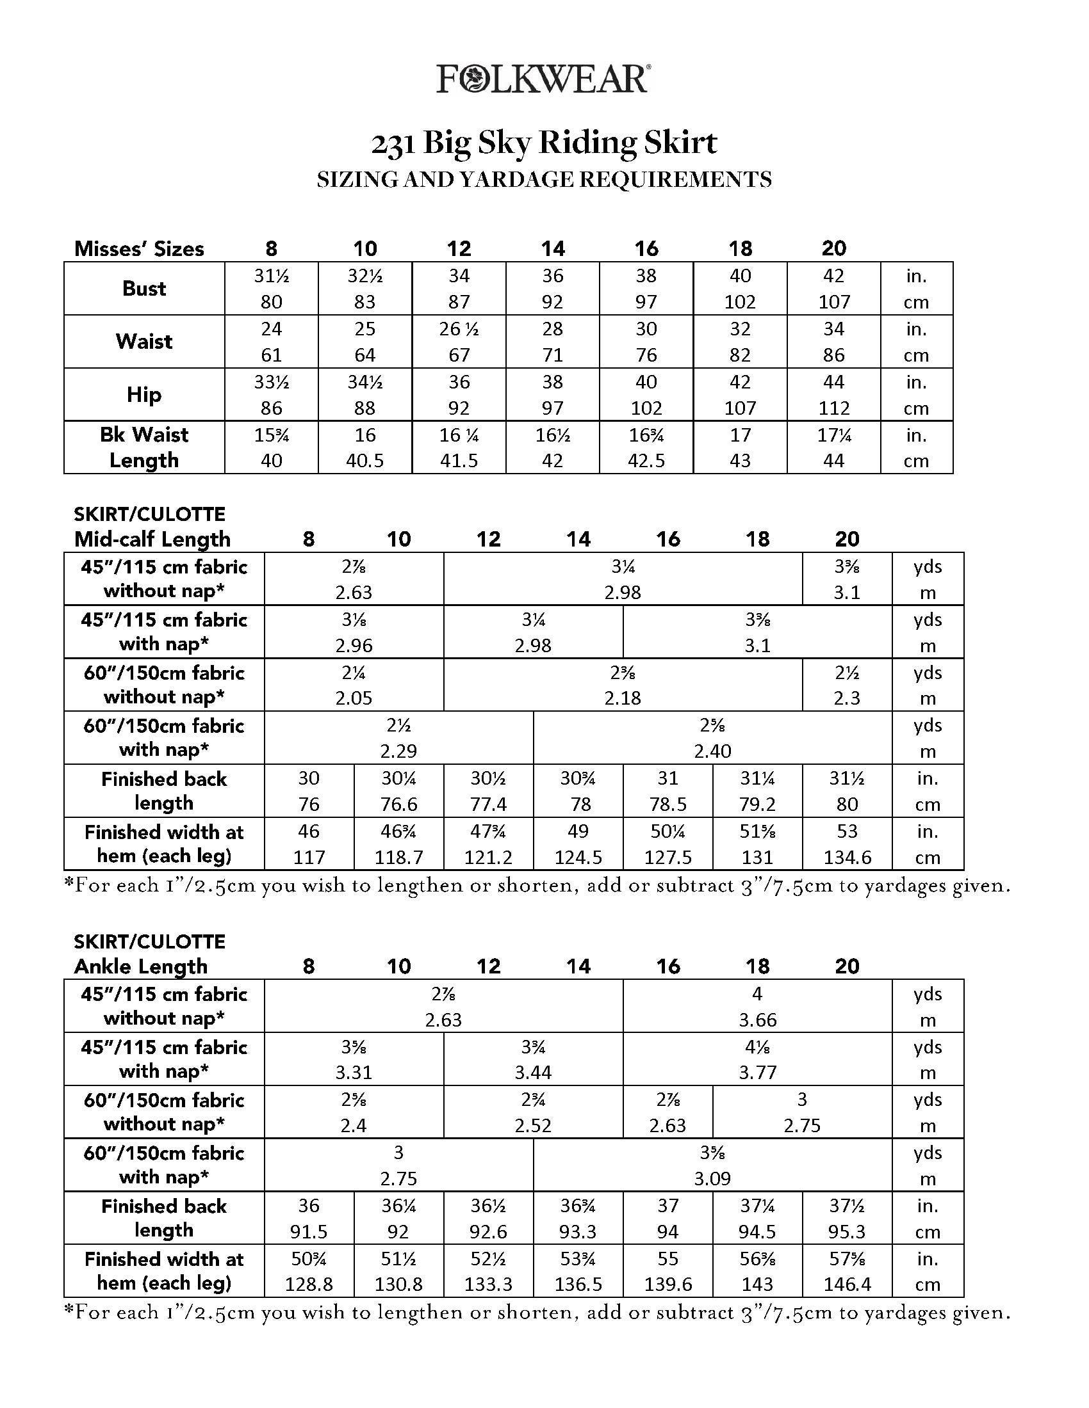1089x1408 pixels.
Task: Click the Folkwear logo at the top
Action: (543, 79)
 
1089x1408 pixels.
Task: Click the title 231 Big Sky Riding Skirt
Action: (544, 143)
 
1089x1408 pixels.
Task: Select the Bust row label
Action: (144, 288)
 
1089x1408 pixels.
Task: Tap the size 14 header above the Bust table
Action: (553, 248)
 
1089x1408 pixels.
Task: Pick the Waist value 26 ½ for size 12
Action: (459, 329)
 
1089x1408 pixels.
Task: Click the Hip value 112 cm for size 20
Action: (833, 408)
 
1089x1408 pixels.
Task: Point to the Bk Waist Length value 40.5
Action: (365, 461)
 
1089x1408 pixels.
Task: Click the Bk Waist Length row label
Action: (144, 447)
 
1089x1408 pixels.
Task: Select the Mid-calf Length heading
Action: (152, 539)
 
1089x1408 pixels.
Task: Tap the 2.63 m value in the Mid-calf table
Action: (354, 593)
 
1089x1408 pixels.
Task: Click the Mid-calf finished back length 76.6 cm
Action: (398, 804)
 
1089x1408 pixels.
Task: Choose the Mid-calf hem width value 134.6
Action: (847, 858)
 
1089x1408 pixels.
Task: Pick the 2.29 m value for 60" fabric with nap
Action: (398, 751)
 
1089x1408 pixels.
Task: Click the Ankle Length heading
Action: (141, 966)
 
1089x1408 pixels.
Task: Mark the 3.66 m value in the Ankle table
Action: (757, 1020)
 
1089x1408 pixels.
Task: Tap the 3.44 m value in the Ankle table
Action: (533, 1073)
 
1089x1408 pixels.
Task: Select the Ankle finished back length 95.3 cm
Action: (847, 1232)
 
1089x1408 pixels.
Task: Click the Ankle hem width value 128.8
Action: (309, 1284)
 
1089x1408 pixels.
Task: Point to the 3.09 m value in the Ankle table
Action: (712, 1179)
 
